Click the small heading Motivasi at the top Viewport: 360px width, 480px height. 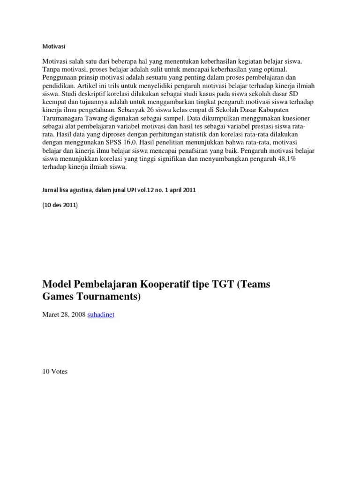(x=54, y=46)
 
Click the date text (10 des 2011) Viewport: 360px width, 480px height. (x=60, y=205)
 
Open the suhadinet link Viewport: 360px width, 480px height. (x=101, y=315)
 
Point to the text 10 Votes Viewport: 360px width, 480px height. (x=55, y=372)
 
